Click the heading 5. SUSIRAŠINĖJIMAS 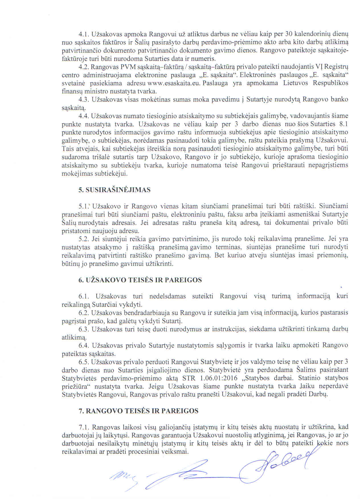click(x=114, y=190)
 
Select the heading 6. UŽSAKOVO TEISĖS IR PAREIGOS click(x=140, y=280)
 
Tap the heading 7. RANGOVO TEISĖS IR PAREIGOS click(x=138, y=411)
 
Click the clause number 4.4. click(x=84, y=116)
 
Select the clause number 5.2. click(x=84, y=239)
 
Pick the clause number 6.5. click(x=84, y=362)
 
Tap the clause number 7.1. click(x=84, y=427)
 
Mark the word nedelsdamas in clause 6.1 click(x=167, y=296)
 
